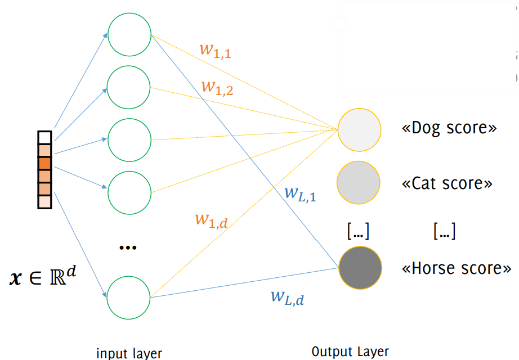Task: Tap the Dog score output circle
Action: tap(359, 129)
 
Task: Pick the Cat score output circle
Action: tap(359, 182)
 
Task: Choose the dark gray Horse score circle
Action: tap(360, 267)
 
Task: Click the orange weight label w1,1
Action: tap(216, 50)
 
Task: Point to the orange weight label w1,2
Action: tap(217, 88)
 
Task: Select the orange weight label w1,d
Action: tap(211, 219)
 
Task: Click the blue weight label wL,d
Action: tap(287, 296)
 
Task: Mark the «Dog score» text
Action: tap(449, 128)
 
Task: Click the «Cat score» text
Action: tap(447, 183)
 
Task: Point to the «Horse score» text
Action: tap(456, 268)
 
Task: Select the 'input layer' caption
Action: tap(129, 353)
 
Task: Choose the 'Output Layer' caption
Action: tap(350, 352)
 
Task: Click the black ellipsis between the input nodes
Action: tap(128, 248)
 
